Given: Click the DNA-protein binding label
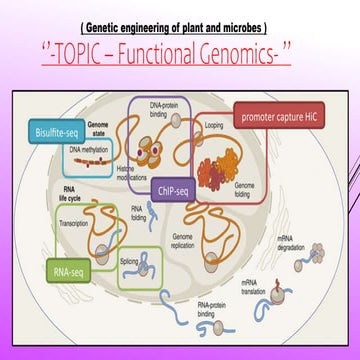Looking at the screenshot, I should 166,109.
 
